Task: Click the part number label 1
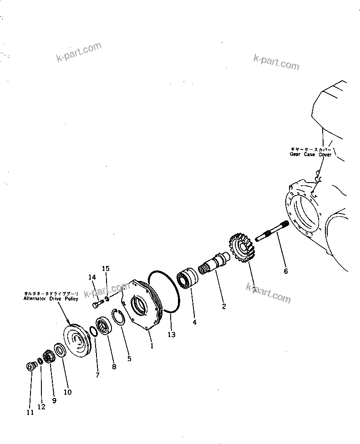(x=152, y=346)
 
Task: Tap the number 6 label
(x=286, y=271)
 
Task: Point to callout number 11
(x=30, y=413)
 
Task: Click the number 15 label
(x=106, y=269)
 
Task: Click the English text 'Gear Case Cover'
(x=311, y=154)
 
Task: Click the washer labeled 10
(x=59, y=350)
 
